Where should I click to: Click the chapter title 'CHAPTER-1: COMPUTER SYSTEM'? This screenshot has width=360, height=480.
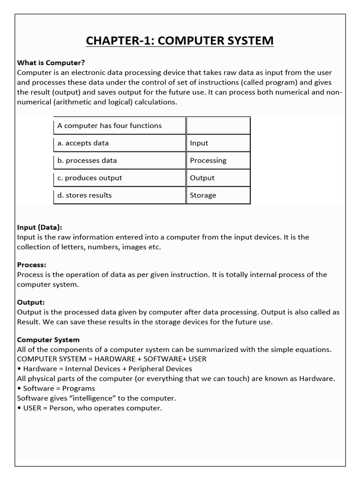(180, 41)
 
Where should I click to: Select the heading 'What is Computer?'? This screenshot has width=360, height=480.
(51, 62)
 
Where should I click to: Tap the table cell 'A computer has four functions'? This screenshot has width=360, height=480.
(120, 126)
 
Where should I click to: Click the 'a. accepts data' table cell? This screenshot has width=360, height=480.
(120, 143)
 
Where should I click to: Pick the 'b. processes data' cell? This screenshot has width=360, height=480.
(120, 160)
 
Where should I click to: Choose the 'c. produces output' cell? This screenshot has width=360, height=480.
(120, 178)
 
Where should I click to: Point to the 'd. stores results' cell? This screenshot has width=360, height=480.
(120, 195)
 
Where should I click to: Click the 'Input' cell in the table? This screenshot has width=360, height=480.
(218, 143)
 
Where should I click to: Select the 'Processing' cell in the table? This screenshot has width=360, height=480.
(218, 160)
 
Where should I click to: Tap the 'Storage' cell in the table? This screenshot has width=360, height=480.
(218, 195)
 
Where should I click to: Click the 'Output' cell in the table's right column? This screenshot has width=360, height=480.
(218, 178)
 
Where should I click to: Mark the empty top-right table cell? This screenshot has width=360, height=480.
(218, 126)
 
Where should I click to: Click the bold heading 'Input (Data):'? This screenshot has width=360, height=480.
(39, 227)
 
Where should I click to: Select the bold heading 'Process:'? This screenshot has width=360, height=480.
(31, 265)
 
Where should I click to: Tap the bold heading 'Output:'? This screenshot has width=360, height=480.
(31, 302)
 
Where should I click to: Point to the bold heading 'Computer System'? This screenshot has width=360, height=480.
(48, 340)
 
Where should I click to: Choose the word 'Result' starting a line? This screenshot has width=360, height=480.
(28, 322)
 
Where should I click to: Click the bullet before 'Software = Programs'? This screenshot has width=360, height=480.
(19, 389)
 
